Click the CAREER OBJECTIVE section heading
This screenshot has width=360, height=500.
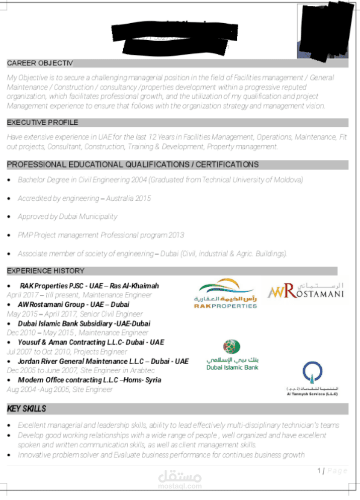click(40, 63)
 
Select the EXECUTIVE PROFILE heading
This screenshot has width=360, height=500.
click(42, 122)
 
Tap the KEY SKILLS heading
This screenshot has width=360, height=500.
click(27, 408)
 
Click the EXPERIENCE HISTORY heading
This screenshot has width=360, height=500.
click(45, 271)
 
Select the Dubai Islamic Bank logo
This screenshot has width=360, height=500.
click(232, 355)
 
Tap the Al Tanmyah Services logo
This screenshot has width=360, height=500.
click(312, 379)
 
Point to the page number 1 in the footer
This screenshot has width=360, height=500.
click(319, 470)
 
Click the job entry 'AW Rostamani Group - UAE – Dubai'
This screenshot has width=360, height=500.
click(73, 304)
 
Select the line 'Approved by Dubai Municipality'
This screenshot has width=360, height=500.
click(67, 216)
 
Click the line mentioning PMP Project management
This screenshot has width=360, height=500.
click(101, 235)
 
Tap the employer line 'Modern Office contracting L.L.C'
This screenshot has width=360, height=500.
click(89, 380)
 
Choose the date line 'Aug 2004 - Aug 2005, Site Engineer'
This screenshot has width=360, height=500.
click(60, 389)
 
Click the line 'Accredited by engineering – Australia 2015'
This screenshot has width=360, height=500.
click(84, 198)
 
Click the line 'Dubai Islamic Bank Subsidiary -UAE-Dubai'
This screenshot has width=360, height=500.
click(84, 323)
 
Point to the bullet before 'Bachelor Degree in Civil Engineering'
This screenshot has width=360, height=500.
click(10, 180)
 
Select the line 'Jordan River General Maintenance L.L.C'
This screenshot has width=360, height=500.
click(103, 361)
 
